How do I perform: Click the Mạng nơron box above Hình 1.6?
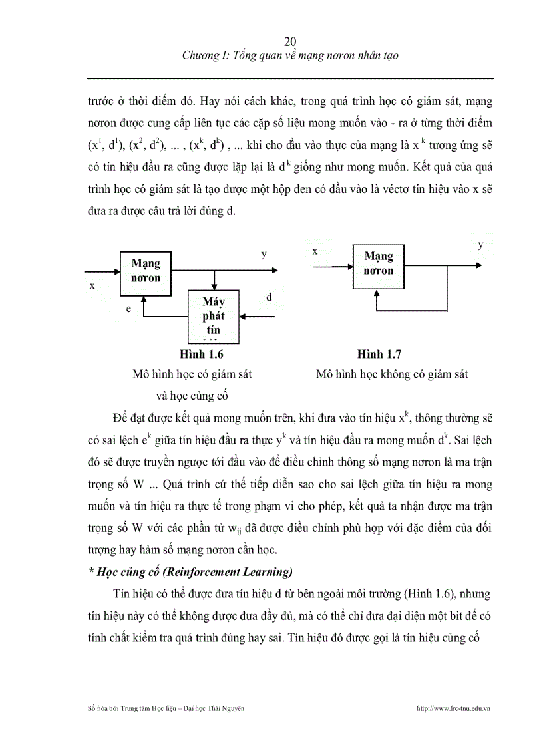146,271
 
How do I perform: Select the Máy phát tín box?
214,316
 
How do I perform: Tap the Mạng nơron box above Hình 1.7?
379,263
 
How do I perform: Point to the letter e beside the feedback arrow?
129,309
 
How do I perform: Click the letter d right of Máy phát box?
269,297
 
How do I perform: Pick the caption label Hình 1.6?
192,355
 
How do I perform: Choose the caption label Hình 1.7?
379,355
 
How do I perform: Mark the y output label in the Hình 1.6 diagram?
264,254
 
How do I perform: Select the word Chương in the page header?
200,56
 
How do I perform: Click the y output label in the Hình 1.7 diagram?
480,245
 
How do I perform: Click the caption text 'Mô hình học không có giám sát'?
392,374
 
